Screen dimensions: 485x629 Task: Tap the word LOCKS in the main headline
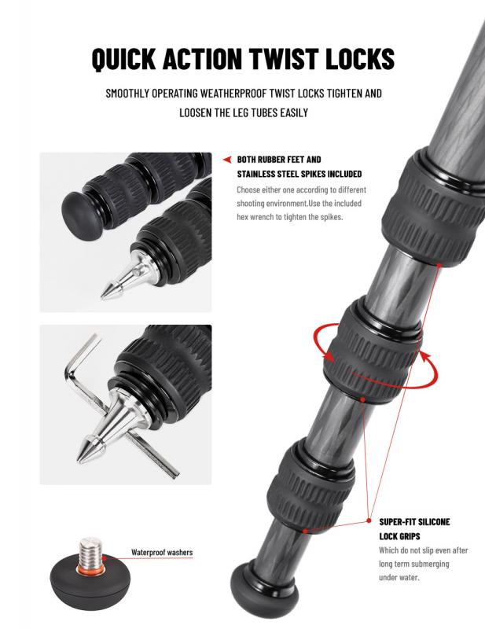[360, 58]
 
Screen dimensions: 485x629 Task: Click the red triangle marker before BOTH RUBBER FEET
[227, 160]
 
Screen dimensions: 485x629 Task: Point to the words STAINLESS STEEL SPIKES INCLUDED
[299, 174]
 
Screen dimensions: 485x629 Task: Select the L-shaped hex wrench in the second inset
[116, 405]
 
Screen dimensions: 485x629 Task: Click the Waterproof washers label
[162, 553]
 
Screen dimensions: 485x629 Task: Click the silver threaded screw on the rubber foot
[91, 552]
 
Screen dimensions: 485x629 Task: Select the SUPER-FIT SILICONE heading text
[414, 522]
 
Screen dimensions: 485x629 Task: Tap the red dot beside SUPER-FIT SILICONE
[369, 520]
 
